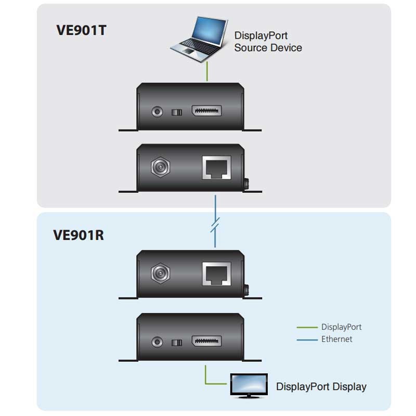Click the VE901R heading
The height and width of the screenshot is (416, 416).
pyautogui.click(x=79, y=235)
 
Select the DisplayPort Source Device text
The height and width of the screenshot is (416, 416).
pyautogui.click(x=268, y=42)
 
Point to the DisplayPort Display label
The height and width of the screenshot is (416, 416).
pyautogui.click(x=321, y=386)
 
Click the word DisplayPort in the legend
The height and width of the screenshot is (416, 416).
pyautogui.click(x=341, y=327)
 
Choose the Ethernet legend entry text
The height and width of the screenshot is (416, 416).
pyautogui.click(x=336, y=339)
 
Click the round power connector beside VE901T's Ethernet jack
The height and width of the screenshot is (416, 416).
pyautogui.click(x=159, y=167)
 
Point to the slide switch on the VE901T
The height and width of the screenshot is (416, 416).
pyautogui.click(x=177, y=112)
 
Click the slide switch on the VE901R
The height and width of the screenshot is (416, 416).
pyautogui.click(x=177, y=342)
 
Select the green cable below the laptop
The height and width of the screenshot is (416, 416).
pyautogui.click(x=207, y=71)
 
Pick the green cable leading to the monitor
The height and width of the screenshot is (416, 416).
pyautogui.click(x=213, y=382)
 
